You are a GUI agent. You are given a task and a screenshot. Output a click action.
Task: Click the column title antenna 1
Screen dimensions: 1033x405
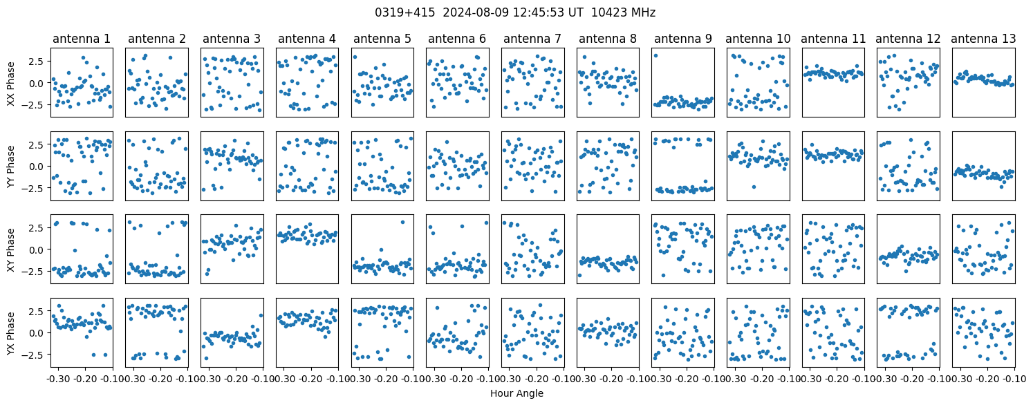click(82, 39)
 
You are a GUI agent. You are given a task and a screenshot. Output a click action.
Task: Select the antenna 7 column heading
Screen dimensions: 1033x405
click(532, 39)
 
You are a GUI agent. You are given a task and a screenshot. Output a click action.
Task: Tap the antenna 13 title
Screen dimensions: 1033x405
click(983, 39)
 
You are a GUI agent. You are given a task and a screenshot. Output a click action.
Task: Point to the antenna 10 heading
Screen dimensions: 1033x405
click(758, 39)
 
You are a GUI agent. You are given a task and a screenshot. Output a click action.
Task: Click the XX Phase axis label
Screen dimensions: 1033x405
click(11, 83)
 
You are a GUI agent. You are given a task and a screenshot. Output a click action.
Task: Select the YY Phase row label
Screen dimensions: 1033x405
click(11, 167)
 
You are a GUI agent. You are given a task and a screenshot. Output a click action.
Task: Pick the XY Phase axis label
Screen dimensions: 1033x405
click(11, 249)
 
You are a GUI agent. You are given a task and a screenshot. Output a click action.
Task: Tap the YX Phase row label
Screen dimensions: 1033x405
click(11, 333)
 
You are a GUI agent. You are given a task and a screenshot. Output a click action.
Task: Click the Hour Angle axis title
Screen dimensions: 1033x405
click(516, 393)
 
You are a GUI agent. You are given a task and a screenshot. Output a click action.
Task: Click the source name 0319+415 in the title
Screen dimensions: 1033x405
click(404, 12)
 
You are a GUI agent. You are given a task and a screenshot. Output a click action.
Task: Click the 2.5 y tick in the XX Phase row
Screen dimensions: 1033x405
click(37, 62)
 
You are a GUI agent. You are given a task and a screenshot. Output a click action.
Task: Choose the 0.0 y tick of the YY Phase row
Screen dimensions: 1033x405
click(37, 167)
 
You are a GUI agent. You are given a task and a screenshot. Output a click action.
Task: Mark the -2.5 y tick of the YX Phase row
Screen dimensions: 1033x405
click(35, 355)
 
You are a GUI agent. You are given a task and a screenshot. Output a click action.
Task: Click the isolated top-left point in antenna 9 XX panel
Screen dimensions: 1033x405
click(655, 56)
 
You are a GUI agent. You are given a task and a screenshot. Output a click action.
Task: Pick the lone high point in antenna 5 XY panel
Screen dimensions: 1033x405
click(402, 222)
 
